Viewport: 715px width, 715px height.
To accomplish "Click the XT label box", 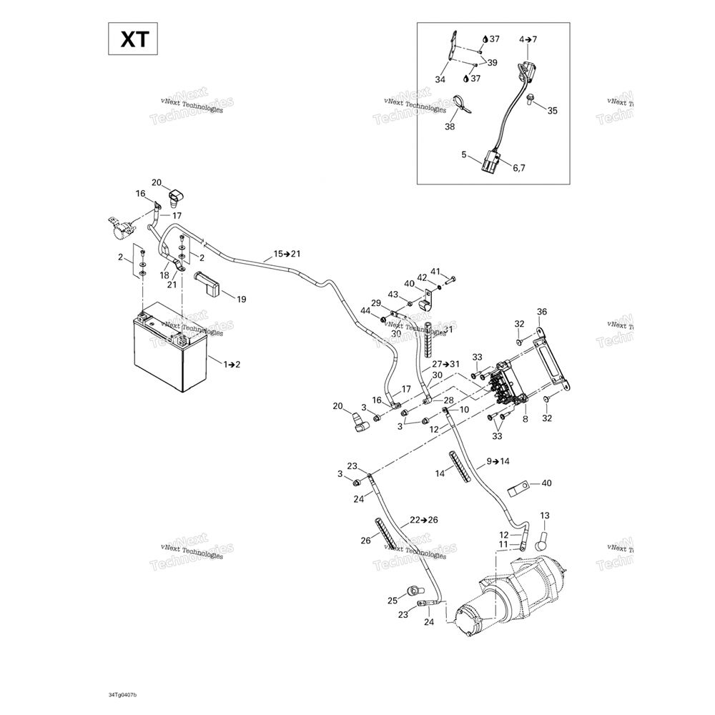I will (134, 39).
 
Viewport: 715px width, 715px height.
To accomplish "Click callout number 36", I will (541, 312).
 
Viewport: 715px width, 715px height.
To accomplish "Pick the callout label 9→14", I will (498, 461).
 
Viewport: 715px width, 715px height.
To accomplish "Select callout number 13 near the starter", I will (545, 516).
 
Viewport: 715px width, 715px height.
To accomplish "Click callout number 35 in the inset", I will (551, 111).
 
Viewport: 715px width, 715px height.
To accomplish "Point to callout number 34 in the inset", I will (440, 79).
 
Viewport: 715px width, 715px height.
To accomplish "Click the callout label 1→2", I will (232, 365).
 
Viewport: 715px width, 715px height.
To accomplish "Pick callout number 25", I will (392, 600).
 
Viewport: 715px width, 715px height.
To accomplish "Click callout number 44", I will (365, 311).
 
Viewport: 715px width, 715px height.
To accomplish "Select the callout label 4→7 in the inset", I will (528, 39).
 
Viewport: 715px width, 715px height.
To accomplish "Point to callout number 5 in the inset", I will (463, 154).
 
